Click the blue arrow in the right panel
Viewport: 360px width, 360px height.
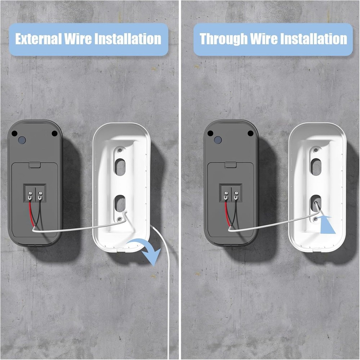327,224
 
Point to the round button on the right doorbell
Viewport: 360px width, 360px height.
217,140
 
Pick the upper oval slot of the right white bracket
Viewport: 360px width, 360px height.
316,167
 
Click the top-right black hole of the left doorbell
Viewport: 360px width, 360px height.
54,134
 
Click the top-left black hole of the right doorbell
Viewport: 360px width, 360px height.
210,133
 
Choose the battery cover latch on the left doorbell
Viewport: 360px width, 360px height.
35,165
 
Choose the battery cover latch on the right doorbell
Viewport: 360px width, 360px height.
231,165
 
